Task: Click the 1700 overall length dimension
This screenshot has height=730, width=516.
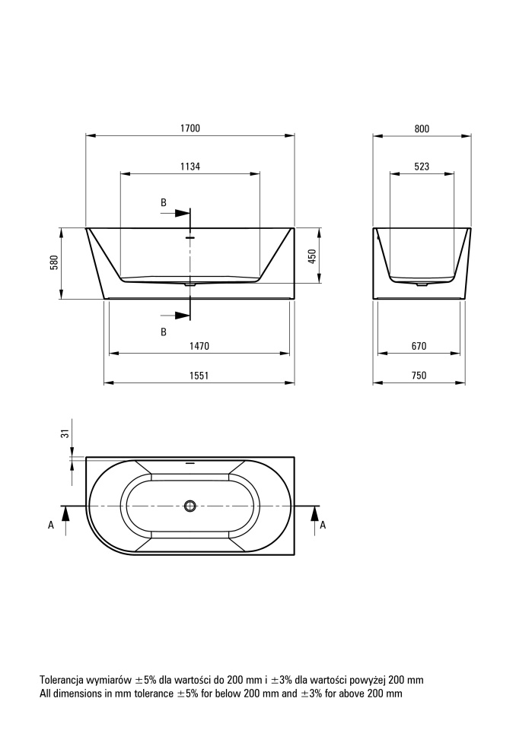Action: pyautogui.click(x=190, y=128)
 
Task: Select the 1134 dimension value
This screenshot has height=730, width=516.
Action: pyautogui.click(x=190, y=167)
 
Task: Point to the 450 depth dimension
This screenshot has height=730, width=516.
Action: pyautogui.click(x=312, y=256)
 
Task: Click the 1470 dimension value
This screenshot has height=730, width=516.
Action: pyautogui.click(x=199, y=346)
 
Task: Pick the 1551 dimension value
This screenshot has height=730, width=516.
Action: pyautogui.click(x=199, y=375)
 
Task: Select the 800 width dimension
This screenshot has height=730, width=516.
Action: pyautogui.click(x=422, y=129)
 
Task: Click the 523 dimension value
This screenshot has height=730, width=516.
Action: pyautogui.click(x=422, y=167)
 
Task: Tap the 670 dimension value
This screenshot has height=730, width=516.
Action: pyautogui.click(x=419, y=346)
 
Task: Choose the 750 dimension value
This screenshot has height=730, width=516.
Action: pyautogui.click(x=419, y=375)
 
